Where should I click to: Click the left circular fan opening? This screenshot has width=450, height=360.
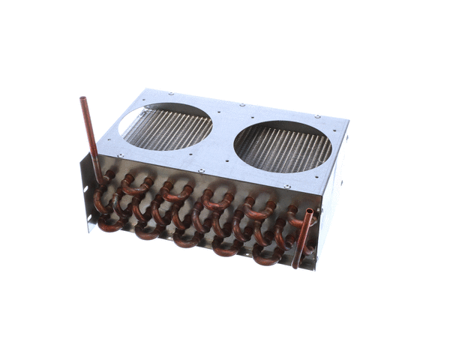(166, 125)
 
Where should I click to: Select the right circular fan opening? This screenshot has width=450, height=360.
(283, 146)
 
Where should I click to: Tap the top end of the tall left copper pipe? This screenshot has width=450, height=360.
(83, 99)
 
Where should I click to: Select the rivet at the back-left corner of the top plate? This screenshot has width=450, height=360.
(171, 94)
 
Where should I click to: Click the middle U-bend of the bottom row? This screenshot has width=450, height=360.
(187, 241)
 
